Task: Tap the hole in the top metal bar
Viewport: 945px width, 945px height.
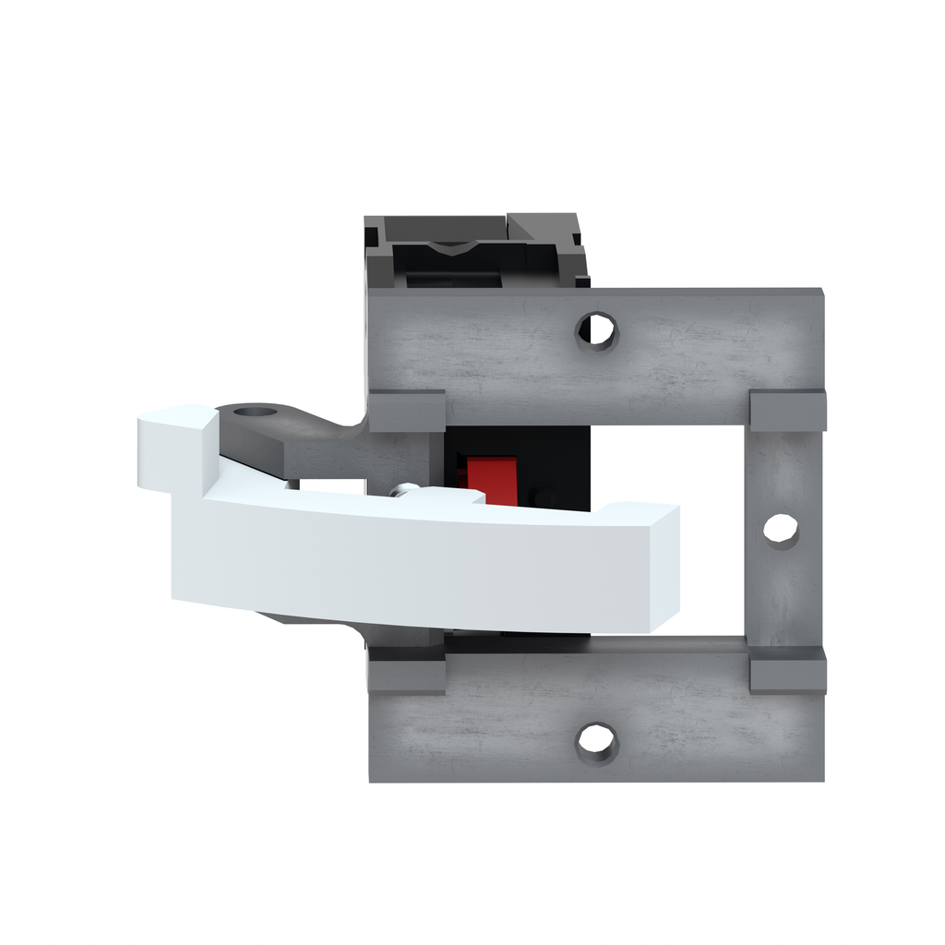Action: click(597, 330)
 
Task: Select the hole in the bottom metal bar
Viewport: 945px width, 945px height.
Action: click(596, 741)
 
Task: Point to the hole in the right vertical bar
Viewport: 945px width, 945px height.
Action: click(781, 530)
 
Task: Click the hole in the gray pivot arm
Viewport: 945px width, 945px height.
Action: click(255, 412)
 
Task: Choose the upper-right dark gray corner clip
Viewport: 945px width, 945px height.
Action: click(787, 411)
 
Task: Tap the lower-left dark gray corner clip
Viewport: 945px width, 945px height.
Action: click(407, 672)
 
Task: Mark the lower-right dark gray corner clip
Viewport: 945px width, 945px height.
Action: click(787, 671)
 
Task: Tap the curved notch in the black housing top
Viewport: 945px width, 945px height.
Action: click(452, 246)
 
